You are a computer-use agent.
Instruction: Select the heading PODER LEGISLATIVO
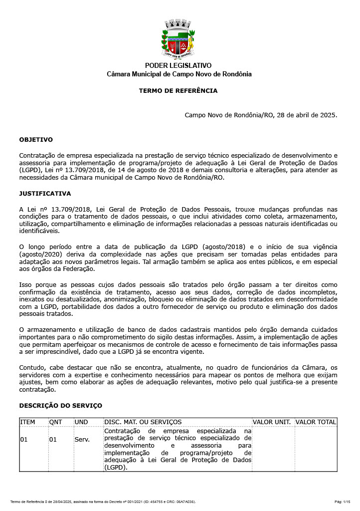(178, 66)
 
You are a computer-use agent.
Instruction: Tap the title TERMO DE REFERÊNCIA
(178, 91)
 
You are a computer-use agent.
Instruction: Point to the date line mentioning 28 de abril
(261, 115)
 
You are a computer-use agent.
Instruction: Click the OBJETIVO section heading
(36, 140)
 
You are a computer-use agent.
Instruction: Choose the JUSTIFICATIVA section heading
(45, 194)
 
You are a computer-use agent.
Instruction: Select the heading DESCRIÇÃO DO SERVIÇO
(60, 406)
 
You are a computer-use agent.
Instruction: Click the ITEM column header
(28, 422)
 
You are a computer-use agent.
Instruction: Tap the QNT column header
(55, 422)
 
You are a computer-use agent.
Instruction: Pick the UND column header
(81, 422)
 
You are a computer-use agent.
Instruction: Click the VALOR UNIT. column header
(272, 422)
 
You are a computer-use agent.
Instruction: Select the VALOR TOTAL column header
(316, 422)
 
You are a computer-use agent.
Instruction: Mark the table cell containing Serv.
(82, 440)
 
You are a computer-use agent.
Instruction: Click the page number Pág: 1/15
(342, 502)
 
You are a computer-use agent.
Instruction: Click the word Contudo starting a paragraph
(31, 368)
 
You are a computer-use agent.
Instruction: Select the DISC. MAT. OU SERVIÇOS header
(143, 422)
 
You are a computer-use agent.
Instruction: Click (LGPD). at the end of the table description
(116, 468)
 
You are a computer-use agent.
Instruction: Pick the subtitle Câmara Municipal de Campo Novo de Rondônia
(179, 74)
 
